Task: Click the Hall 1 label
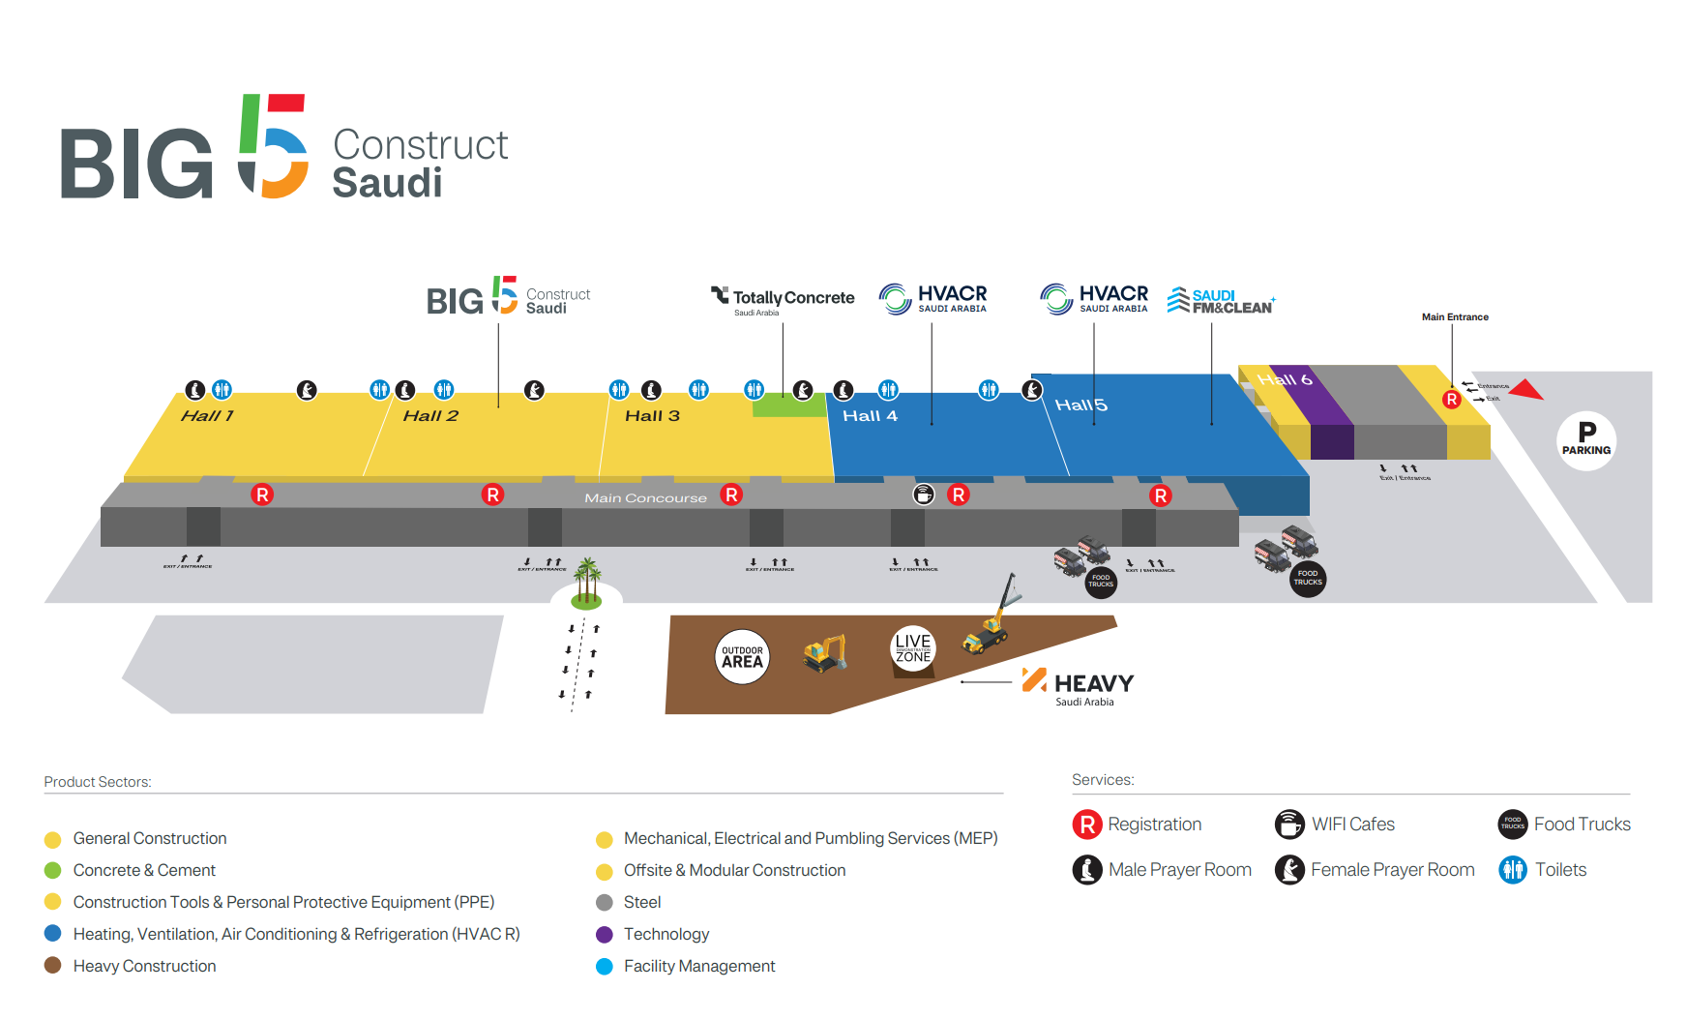coord(207,416)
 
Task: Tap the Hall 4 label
coord(870,416)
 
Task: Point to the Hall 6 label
coord(1285,379)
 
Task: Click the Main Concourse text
coord(645,498)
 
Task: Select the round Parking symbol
coord(1586,440)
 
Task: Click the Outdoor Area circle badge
coord(742,657)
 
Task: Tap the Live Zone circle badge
coord(912,648)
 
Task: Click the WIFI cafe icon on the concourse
coord(924,495)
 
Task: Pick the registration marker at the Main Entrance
coord(1451,399)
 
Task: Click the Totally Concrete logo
coord(784,299)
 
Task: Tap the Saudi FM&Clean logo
coord(1221,301)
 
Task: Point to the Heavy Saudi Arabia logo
coord(1079,686)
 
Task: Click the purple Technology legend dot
coord(605,934)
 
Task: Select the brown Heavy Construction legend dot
coord(53,965)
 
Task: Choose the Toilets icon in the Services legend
coord(1513,870)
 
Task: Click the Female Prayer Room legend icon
coord(1288,870)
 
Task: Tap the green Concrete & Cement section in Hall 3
coord(788,406)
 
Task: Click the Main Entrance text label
coord(1455,317)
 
